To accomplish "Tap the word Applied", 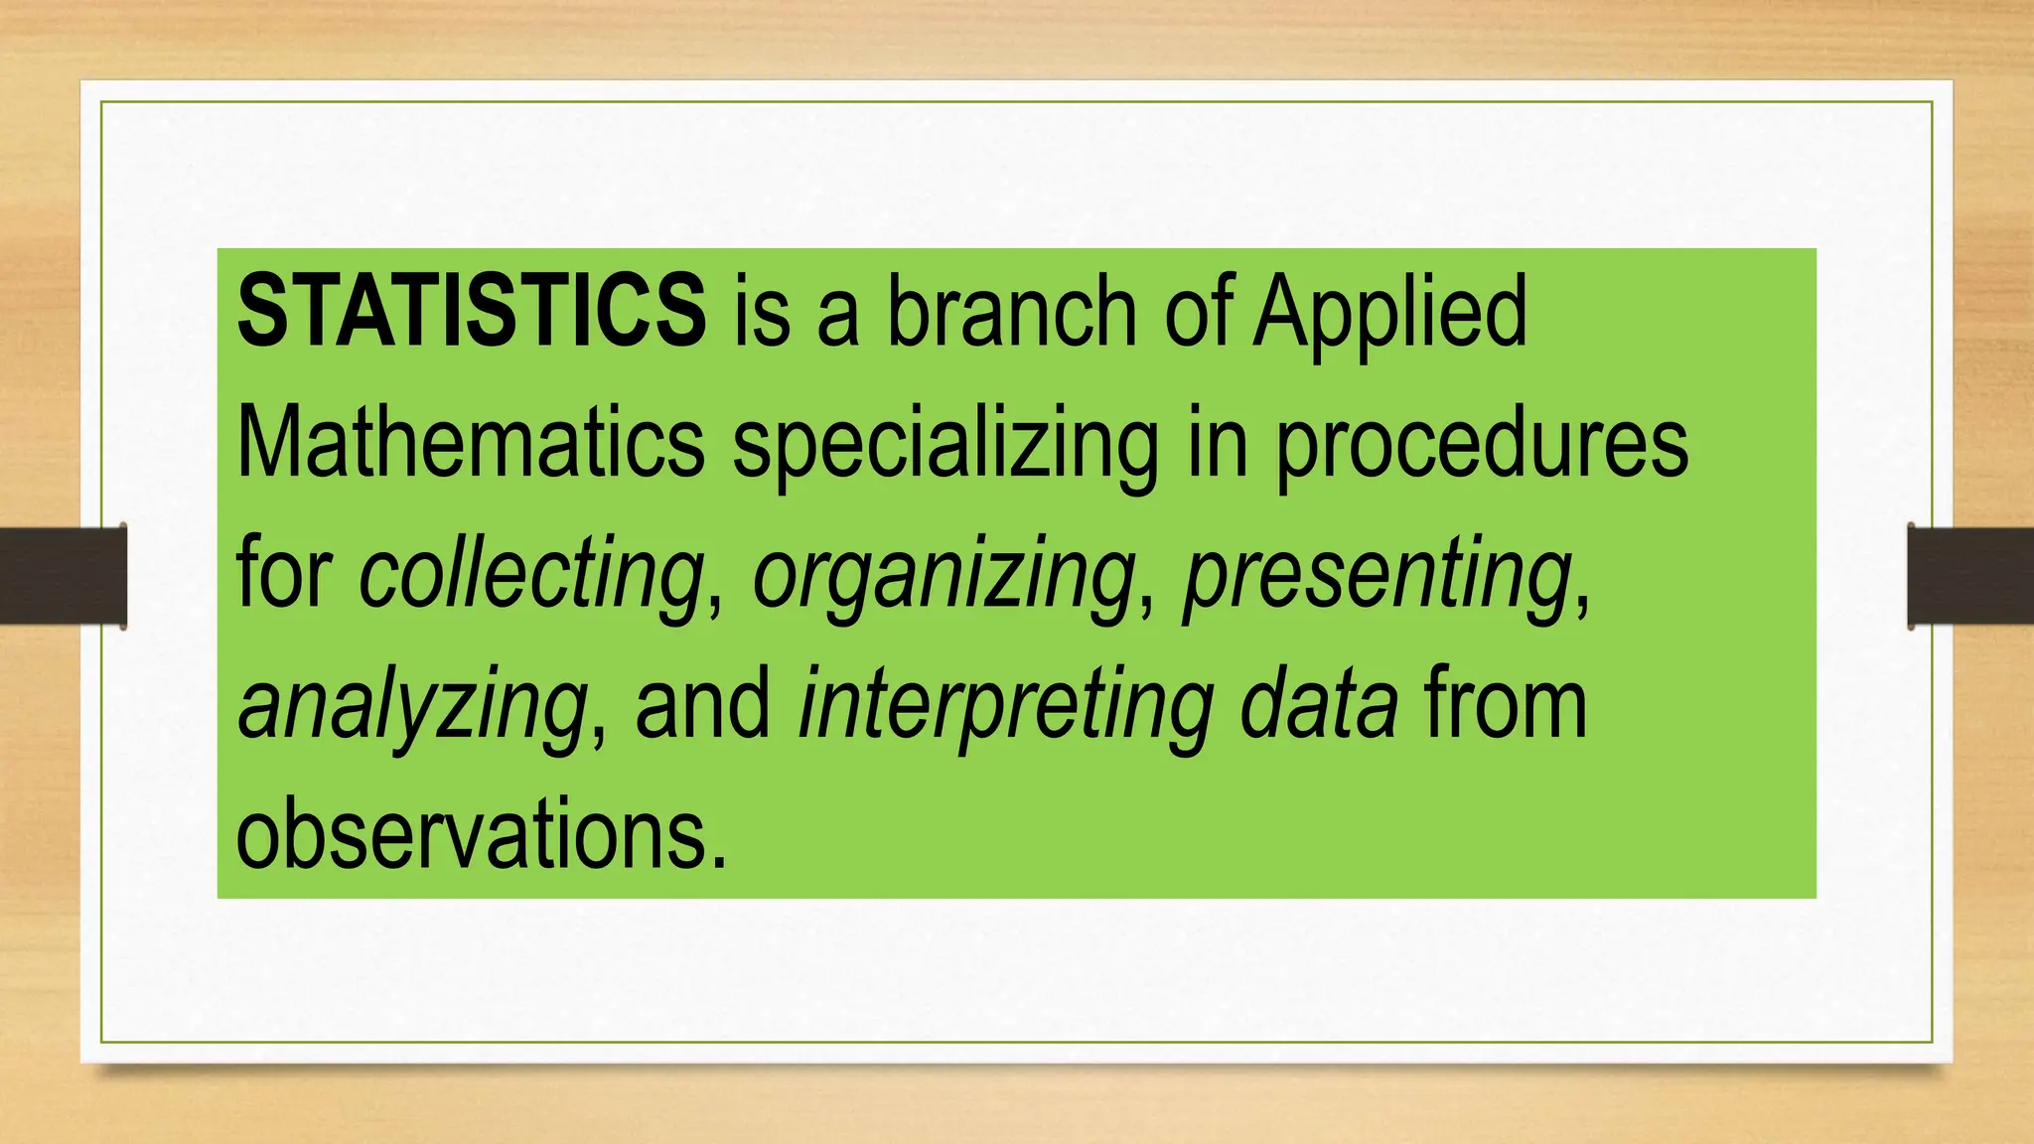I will point(1389,314).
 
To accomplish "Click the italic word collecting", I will point(531,574).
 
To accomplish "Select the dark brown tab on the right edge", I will point(1970,576).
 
